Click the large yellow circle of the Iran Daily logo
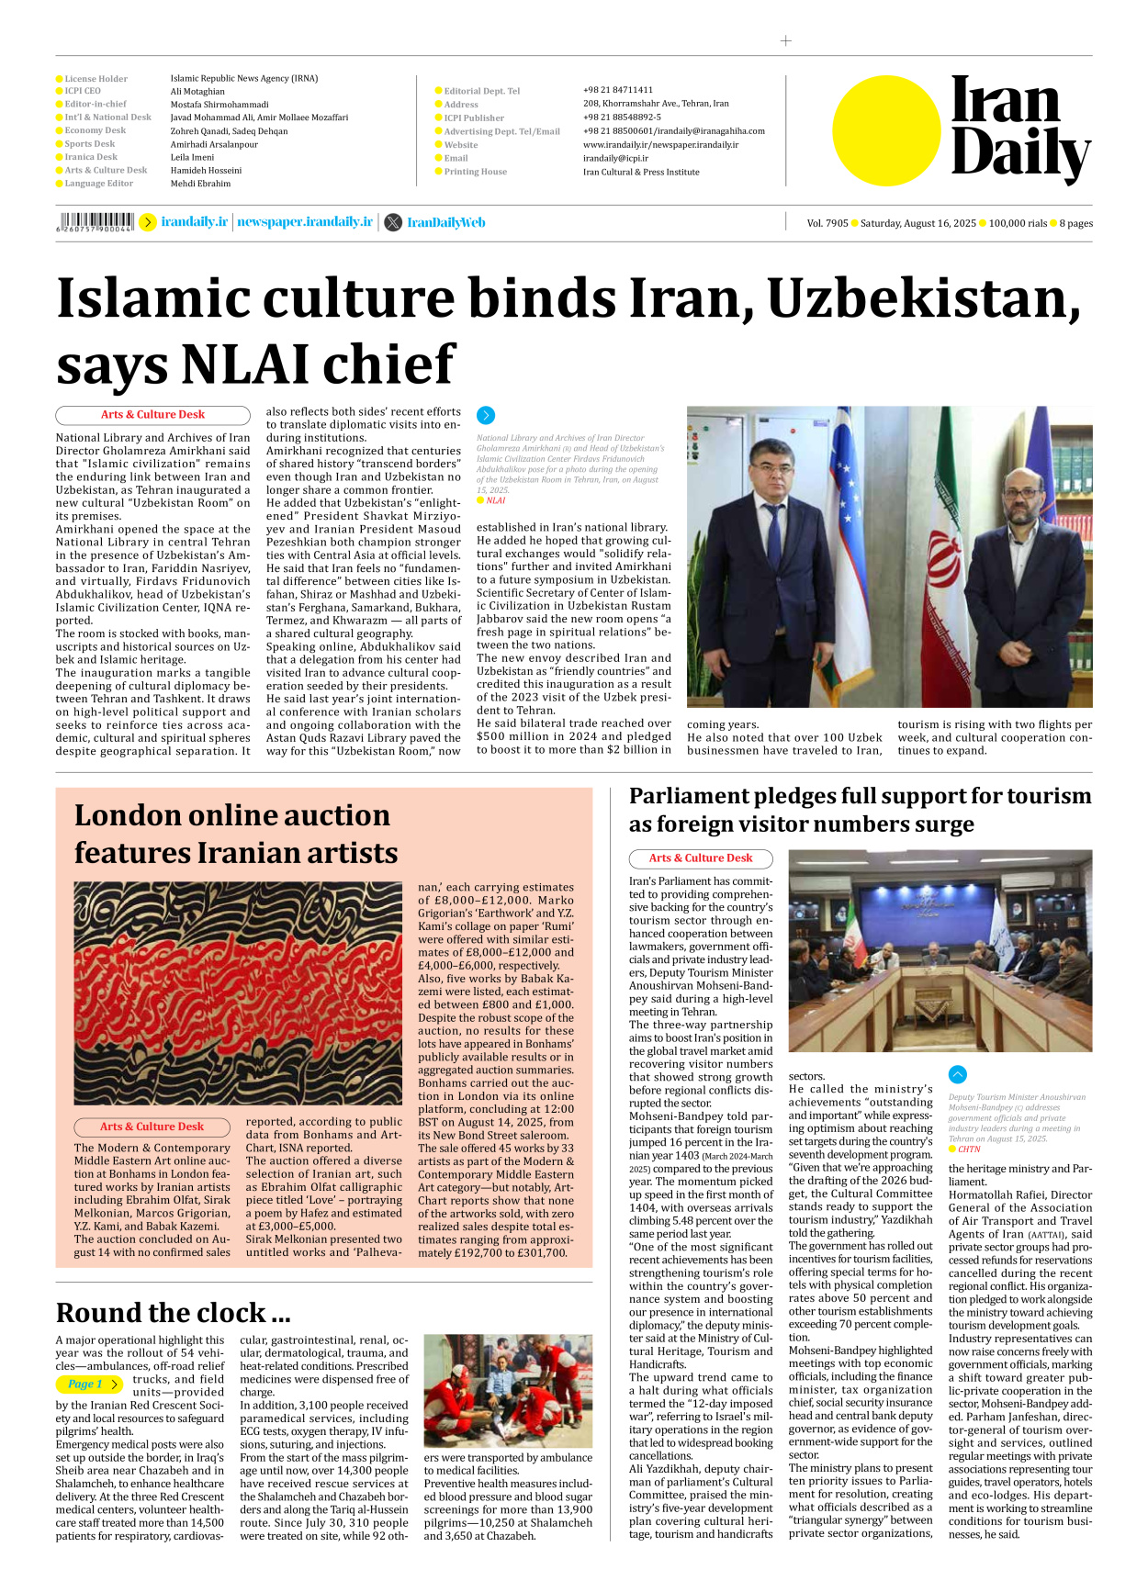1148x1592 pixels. pyautogui.click(x=886, y=130)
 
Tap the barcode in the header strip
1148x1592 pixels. pyautogui.click(x=95, y=222)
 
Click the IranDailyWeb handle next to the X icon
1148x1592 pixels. pyautogui.click(x=445, y=223)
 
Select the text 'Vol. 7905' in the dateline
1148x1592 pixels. pyautogui.click(x=827, y=223)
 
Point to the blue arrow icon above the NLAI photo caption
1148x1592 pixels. pyautogui.click(x=486, y=416)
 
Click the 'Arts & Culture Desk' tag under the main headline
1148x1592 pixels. pyautogui.click(x=152, y=415)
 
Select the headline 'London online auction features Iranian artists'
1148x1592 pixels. pyautogui.click(x=236, y=834)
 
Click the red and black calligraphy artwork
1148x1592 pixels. pyautogui.click(x=238, y=992)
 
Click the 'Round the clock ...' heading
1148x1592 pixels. pyautogui.click(x=173, y=1312)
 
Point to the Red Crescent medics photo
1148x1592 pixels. pyautogui.click(x=508, y=1390)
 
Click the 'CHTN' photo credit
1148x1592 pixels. pyautogui.click(x=969, y=1149)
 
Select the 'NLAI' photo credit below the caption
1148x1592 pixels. pyautogui.click(x=495, y=500)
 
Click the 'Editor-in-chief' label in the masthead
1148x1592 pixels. pyautogui.click(x=96, y=104)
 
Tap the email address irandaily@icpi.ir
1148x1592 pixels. pyautogui.click(x=615, y=158)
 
